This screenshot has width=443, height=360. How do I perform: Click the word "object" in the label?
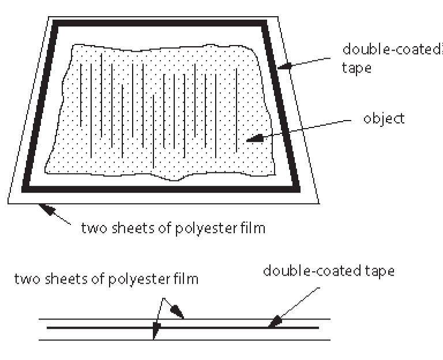tap(384, 119)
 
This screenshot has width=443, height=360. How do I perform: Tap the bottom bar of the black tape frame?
tap(162, 189)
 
